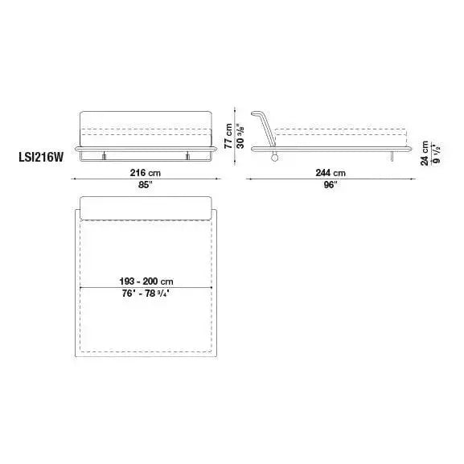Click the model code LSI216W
click(x=41, y=157)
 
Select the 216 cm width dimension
click(x=146, y=173)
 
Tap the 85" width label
click(x=146, y=185)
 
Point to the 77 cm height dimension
click(x=228, y=136)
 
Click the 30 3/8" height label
click(x=240, y=136)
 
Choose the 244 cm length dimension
click(x=331, y=173)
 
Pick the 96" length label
click(x=331, y=185)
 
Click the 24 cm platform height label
click(x=425, y=153)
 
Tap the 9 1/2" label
click(x=436, y=153)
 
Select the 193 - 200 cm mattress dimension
click(x=146, y=281)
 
